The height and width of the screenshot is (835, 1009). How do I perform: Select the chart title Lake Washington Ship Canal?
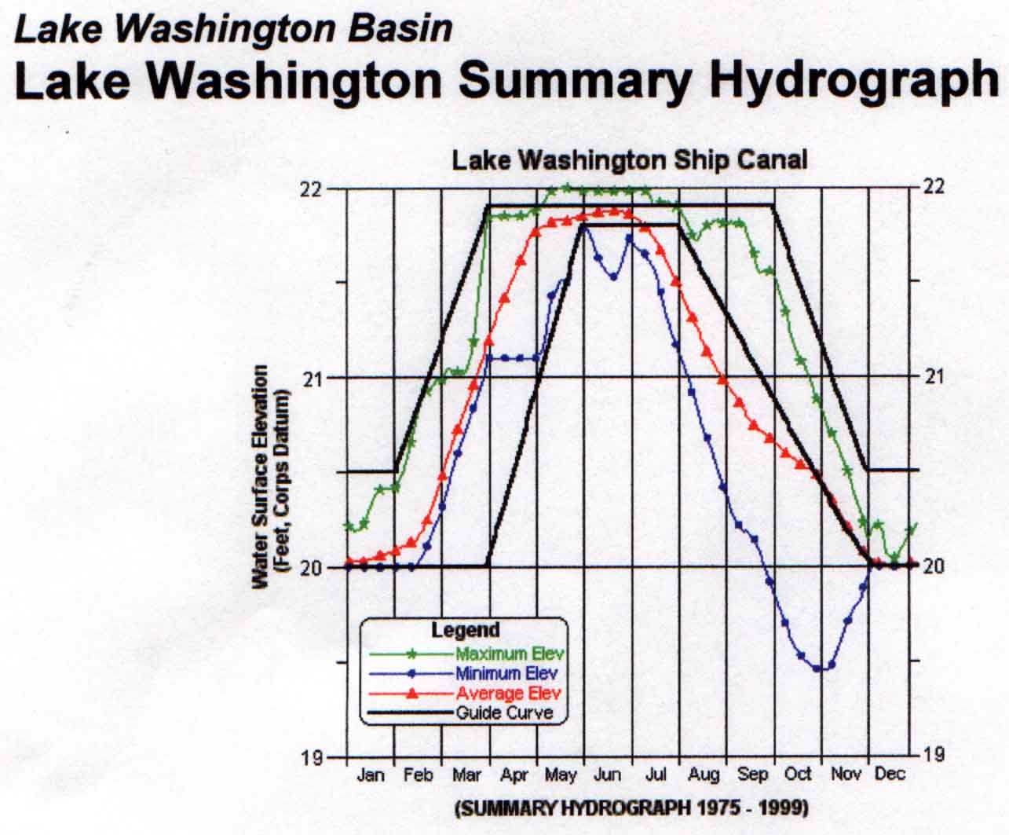click(x=629, y=160)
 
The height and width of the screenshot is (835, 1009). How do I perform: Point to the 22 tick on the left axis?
click(x=313, y=189)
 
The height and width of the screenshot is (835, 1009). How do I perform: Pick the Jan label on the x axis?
click(x=370, y=775)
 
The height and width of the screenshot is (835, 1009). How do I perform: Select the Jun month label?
click(x=607, y=775)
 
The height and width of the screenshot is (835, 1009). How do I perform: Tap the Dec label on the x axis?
click(x=890, y=775)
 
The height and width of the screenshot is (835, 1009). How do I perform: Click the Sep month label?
click(x=751, y=775)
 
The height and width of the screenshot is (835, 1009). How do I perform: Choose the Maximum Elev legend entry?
click(x=510, y=654)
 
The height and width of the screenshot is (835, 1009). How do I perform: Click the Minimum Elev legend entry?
click(x=506, y=673)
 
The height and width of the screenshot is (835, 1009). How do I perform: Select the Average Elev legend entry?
click(x=508, y=694)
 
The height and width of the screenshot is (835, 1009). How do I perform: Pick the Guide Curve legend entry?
click(x=504, y=713)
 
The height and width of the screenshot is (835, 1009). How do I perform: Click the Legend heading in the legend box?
click(x=466, y=630)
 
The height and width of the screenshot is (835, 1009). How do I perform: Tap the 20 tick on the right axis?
click(x=934, y=566)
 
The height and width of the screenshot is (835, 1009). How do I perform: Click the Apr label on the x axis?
click(x=514, y=775)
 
